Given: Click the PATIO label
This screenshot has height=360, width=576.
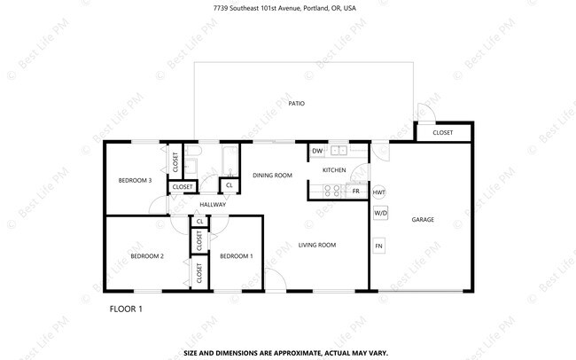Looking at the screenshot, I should pos(296,104).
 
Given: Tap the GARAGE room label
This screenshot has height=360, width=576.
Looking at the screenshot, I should pos(422,219).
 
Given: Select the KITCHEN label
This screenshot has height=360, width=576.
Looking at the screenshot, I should pos(333,169).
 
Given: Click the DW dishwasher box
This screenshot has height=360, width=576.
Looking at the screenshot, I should pos(316,152).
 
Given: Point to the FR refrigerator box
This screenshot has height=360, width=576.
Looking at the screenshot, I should pos(355,191).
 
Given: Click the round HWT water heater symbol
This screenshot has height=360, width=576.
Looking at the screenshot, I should pos(379,192).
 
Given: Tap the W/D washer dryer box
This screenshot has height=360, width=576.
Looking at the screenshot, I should pos(379,213).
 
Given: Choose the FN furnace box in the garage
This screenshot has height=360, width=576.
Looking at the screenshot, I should pos(379,246).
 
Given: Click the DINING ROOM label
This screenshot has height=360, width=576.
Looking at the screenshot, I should pos(272,176).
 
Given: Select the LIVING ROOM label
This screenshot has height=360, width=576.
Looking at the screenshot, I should pos(316,245).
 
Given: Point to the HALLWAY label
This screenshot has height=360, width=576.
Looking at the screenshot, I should pos(213,205).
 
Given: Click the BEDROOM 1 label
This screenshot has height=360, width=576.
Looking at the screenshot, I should pos(236,256).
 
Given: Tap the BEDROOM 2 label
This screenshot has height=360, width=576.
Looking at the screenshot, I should pos(147,256).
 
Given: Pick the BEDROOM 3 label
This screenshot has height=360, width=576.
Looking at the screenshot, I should pos(135,181).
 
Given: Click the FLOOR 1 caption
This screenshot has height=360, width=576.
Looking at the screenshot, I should pos(125,309).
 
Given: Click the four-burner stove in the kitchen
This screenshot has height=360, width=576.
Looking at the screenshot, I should pos(333,190).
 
